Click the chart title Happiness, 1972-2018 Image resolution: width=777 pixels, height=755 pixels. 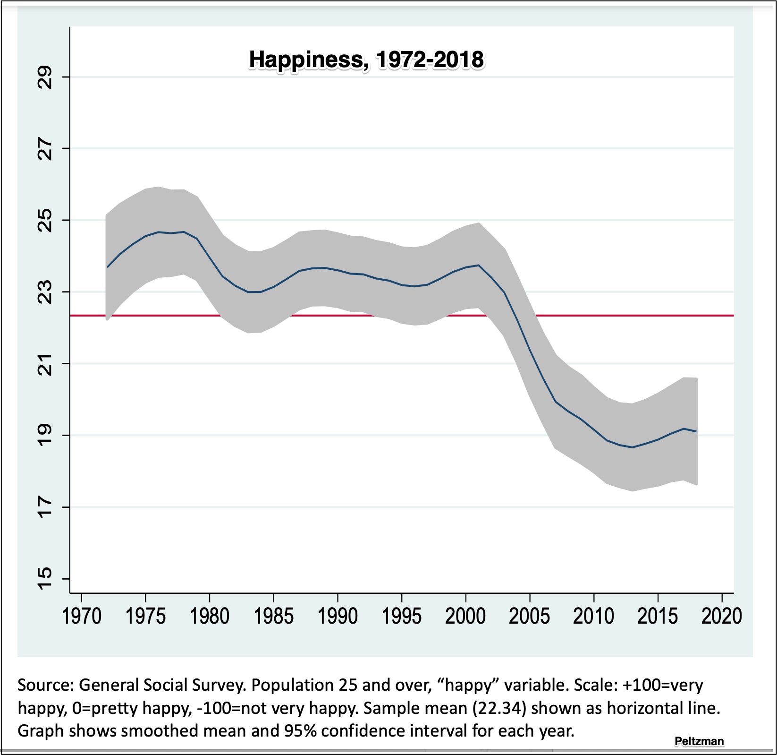pos(366,60)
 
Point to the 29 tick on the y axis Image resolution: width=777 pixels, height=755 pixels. pos(45,77)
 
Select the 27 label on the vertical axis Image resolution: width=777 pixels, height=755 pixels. pos(45,148)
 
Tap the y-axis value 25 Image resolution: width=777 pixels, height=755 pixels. pos(45,220)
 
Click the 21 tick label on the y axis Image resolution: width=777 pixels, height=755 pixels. pos(45,364)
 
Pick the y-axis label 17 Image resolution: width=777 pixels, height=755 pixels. pos(45,507)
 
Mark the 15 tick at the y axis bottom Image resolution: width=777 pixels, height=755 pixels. pos(45,579)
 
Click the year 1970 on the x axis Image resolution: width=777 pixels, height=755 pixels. pos(82,616)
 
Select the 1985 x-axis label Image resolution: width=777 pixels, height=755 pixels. pos(274,616)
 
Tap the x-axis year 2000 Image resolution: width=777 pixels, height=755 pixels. pos(465,616)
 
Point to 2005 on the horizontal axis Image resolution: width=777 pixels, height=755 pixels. pos(530,616)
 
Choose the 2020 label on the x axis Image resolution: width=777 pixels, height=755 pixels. pos(721,616)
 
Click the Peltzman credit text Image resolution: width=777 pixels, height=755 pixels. pos(699,741)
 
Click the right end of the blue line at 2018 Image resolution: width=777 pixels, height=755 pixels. pos(696,431)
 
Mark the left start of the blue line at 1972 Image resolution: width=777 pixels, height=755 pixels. pos(108,267)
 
